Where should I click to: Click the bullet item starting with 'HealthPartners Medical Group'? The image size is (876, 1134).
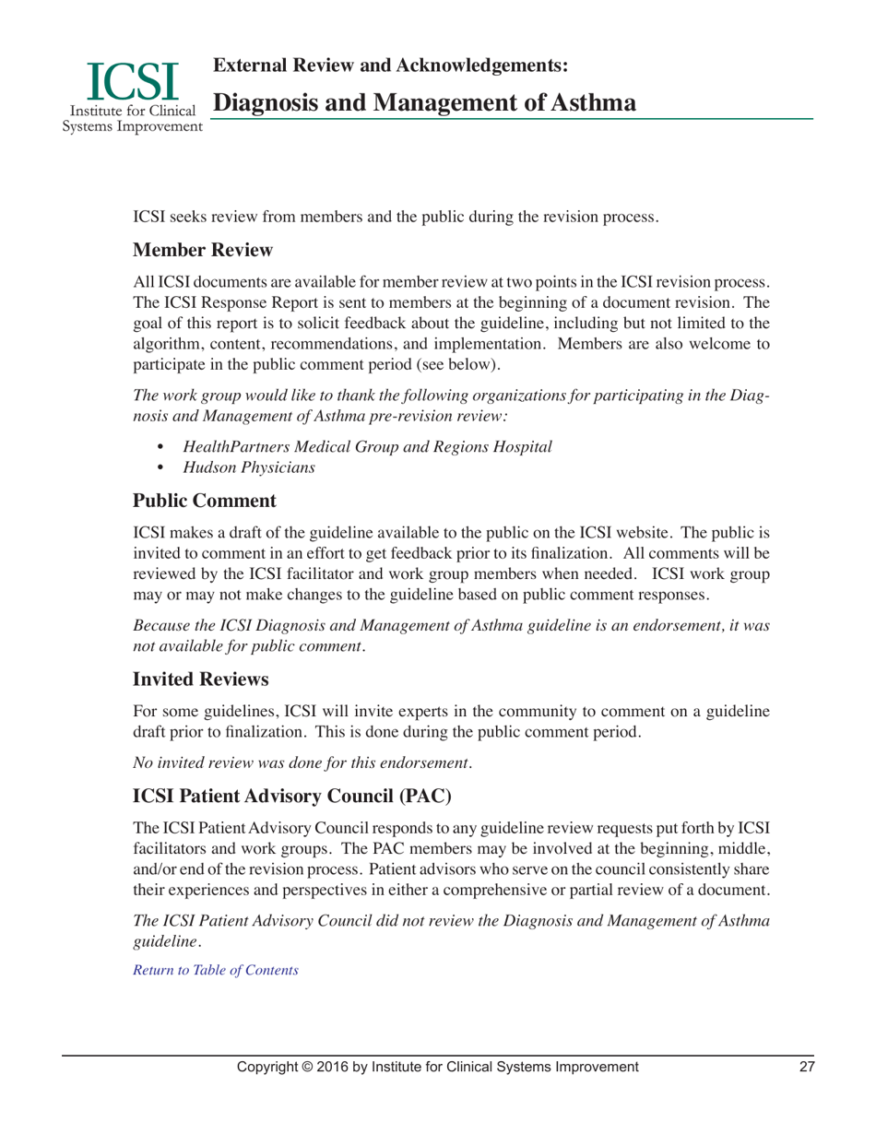tap(367, 446)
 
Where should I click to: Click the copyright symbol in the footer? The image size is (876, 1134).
tap(314, 1067)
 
